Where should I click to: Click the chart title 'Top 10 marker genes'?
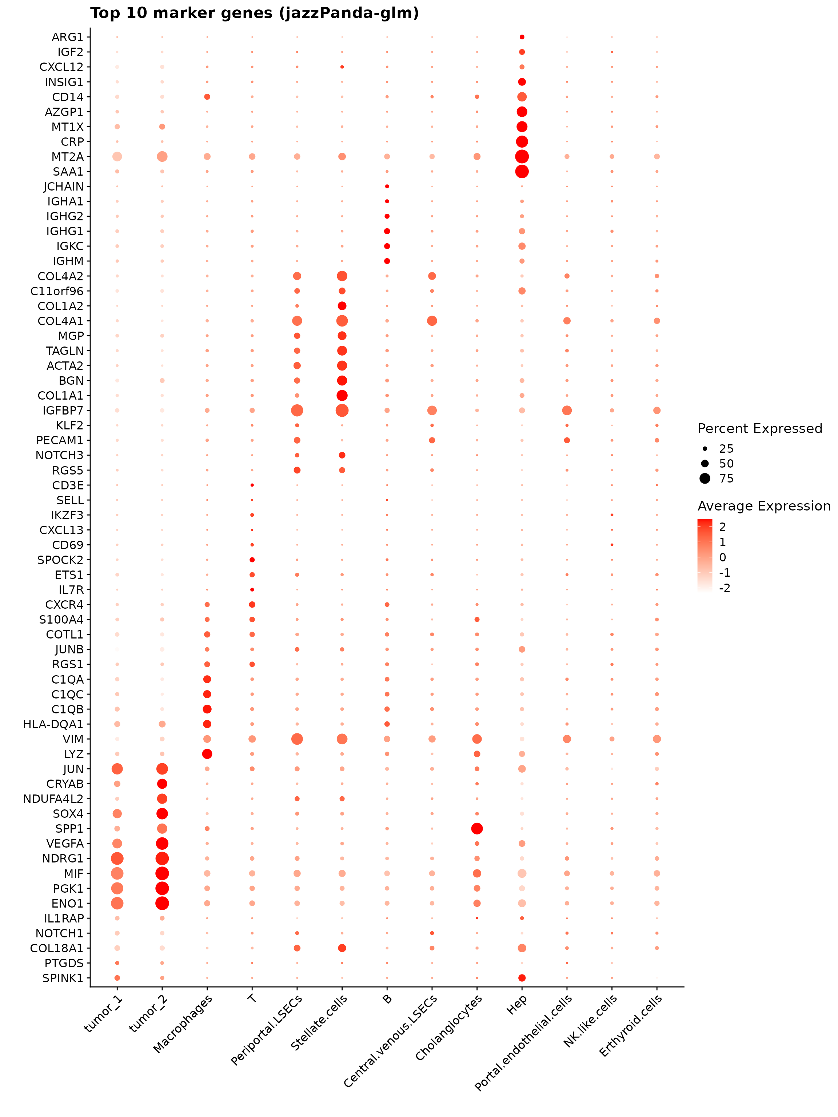tap(254, 13)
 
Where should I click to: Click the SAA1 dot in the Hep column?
tap(522, 172)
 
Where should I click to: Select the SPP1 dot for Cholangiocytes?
tap(477, 829)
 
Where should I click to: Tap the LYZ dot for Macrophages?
tap(207, 754)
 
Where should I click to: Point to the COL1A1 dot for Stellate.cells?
tap(342, 395)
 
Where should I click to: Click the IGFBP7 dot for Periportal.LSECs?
tap(297, 411)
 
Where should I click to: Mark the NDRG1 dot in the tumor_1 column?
tap(117, 858)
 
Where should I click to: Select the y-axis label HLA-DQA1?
tap(53, 725)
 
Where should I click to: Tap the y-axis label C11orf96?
tap(57, 291)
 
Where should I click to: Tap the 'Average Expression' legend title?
tap(764, 507)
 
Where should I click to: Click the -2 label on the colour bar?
tap(725, 588)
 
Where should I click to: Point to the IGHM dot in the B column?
tap(387, 261)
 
